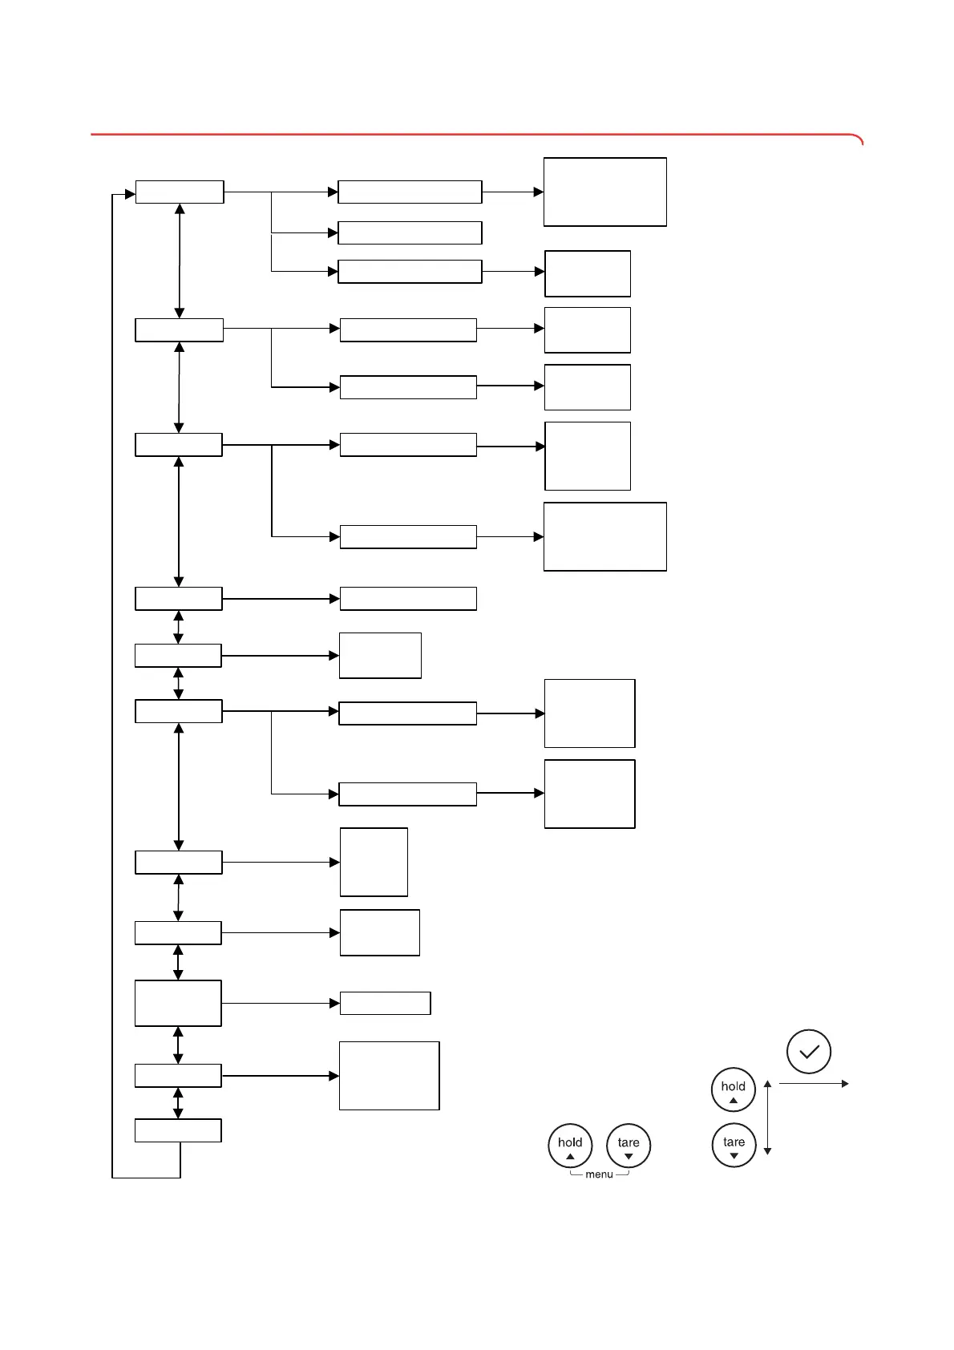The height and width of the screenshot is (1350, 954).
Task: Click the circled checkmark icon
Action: pos(809,1052)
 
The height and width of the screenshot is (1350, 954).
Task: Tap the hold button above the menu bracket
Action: pos(570,1146)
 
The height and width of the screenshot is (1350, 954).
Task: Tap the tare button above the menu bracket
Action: pos(629,1146)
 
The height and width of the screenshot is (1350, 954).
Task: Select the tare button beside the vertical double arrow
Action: pos(734,1145)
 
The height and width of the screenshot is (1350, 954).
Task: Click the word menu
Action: pos(599,1174)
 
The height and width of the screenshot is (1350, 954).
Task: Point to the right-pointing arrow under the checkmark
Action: pos(813,1084)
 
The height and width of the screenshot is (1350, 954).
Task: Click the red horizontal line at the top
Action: pos(473,135)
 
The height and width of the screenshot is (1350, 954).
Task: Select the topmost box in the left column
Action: pos(180,192)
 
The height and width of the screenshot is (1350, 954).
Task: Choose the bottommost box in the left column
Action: pos(178,1130)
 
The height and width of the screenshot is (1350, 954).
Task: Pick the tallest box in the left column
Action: pos(178,1003)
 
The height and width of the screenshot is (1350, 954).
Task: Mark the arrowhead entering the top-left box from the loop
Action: pos(130,193)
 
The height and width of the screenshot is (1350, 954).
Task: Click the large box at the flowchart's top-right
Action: pos(604,192)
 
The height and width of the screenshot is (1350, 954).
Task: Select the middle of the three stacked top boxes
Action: pos(410,232)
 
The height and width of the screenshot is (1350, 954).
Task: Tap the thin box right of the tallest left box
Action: pos(385,1003)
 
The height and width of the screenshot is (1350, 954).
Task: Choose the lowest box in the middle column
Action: pos(389,1076)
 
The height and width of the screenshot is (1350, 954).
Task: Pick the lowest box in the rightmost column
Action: pos(589,794)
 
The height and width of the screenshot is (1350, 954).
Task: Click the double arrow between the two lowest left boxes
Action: pos(178,1103)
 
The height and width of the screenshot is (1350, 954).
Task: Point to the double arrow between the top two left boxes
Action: pos(180,261)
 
